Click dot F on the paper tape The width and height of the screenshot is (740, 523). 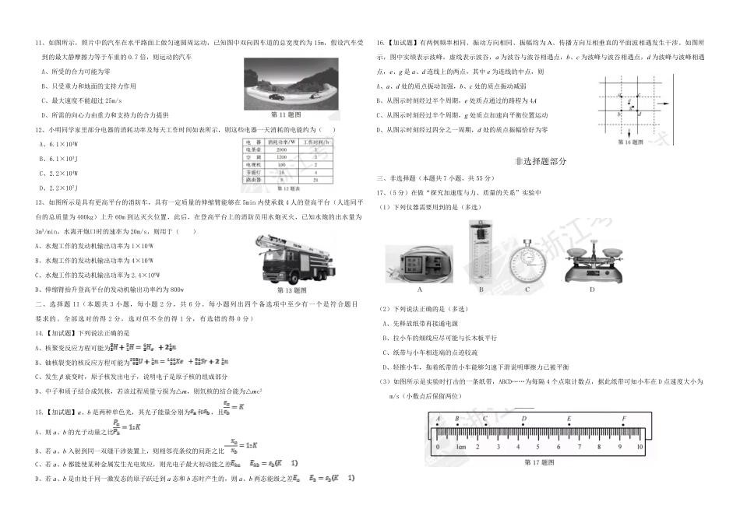624,426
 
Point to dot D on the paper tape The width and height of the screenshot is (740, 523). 523,426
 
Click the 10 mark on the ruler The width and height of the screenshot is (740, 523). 640,448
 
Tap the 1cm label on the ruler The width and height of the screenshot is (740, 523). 461,448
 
